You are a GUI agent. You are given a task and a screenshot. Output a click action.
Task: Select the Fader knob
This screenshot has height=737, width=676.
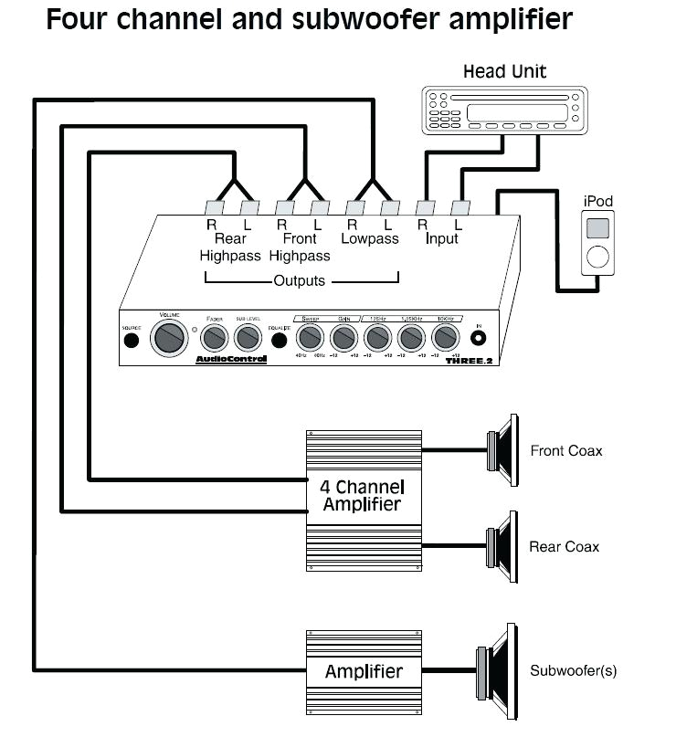click(x=214, y=339)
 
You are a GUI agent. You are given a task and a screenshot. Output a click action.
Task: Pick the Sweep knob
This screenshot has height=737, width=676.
click(x=311, y=339)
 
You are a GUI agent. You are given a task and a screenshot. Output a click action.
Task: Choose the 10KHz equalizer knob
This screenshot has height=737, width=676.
click(x=444, y=339)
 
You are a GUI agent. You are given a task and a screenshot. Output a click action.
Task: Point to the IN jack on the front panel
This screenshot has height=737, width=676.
click(x=478, y=338)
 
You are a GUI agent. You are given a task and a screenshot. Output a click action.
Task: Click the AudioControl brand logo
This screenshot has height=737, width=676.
click(x=231, y=359)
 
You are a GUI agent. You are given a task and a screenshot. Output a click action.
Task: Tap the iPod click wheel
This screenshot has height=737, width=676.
click(x=598, y=257)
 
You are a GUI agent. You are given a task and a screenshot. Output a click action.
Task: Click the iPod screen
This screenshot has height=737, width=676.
click(x=597, y=227)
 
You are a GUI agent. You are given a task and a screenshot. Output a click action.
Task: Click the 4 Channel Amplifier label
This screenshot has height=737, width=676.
click(x=363, y=495)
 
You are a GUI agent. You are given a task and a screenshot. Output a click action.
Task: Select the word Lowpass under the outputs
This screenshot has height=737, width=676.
click(x=370, y=239)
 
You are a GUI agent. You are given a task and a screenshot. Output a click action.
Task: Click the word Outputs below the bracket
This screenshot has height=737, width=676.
click(x=299, y=280)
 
